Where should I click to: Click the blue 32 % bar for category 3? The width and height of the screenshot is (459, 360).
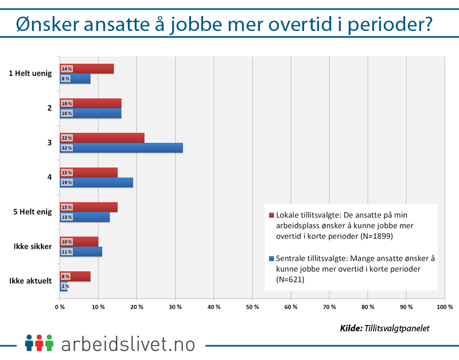122,148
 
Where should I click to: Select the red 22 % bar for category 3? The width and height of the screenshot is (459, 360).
102,138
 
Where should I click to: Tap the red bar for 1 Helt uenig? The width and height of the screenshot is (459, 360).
87,69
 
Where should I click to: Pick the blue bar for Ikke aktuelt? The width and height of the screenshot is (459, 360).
64,286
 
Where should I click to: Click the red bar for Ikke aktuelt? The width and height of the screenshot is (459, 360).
75,276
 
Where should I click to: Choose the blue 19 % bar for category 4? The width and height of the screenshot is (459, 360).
96,183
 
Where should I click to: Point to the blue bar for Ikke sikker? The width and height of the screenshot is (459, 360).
81,251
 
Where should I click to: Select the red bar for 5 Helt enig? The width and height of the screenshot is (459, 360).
88,207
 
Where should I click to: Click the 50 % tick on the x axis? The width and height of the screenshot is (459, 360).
252,308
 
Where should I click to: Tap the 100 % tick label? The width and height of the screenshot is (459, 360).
444,308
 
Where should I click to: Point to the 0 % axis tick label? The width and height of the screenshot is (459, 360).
60,308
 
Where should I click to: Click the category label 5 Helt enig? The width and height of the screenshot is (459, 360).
33,212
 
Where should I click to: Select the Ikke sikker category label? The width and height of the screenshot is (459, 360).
33,247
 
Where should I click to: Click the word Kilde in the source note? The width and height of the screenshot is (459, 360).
350,328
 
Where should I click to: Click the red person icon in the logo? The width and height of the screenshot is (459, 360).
39,343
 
